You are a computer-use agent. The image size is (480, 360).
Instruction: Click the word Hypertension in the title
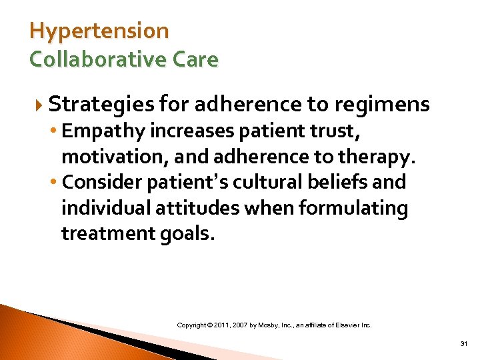pyautogui.click(x=99, y=31)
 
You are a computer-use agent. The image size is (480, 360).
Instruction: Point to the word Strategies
pyautogui.click(x=101, y=105)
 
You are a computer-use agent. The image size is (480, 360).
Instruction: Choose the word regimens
pyautogui.click(x=381, y=105)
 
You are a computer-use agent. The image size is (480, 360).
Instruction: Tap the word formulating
pyautogui.click(x=353, y=209)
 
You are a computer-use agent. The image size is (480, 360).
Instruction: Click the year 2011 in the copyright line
pyautogui.click(x=224, y=325)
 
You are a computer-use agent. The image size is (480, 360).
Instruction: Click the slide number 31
pyautogui.click(x=463, y=344)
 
